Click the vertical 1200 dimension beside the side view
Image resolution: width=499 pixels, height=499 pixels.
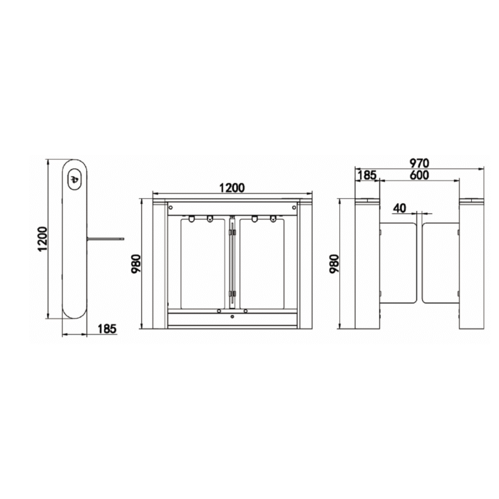point(42,239)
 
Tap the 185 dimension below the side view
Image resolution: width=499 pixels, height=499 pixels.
point(106,329)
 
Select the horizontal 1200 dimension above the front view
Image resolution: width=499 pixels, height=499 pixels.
point(232,188)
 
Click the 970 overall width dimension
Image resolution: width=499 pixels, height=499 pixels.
point(418,163)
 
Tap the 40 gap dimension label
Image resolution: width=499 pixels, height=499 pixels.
point(399,208)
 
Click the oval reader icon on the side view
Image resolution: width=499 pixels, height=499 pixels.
point(74,179)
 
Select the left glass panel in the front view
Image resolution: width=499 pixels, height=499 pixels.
point(202,262)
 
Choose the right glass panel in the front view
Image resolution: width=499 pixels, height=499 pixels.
point(262,262)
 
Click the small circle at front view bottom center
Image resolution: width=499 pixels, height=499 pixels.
point(232,317)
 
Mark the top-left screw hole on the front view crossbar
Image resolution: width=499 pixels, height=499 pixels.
point(172,206)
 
